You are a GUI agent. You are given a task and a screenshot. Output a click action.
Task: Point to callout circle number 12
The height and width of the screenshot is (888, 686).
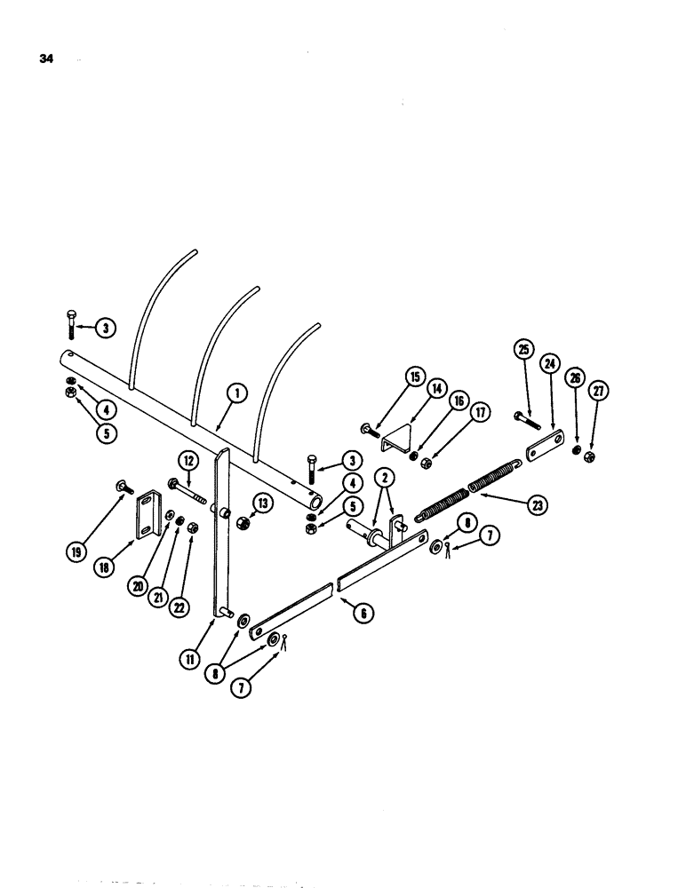188,460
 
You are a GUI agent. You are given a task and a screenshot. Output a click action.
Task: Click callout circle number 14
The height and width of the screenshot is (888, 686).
437,389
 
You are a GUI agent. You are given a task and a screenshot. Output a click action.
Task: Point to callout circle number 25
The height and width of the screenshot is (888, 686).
522,348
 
